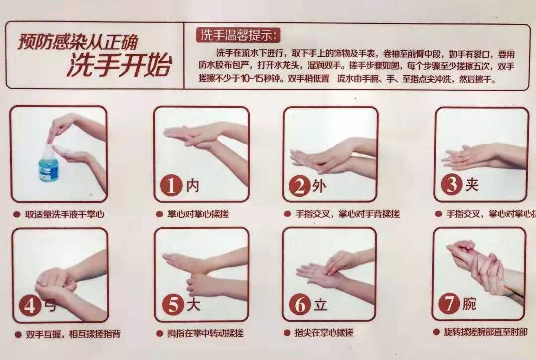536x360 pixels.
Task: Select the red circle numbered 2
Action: tap(300, 186)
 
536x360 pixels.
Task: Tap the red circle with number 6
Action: tap(301, 305)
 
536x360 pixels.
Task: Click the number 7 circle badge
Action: tap(450, 303)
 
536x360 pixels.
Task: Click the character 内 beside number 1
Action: tap(193, 186)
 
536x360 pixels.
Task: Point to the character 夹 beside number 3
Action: tap(471, 184)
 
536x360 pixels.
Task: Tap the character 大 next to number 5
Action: tap(193, 305)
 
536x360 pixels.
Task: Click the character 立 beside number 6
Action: tap(320, 305)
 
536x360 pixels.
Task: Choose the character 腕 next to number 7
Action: tap(469, 303)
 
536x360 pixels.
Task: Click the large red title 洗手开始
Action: tap(119, 67)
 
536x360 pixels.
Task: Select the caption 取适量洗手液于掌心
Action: tap(65, 215)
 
